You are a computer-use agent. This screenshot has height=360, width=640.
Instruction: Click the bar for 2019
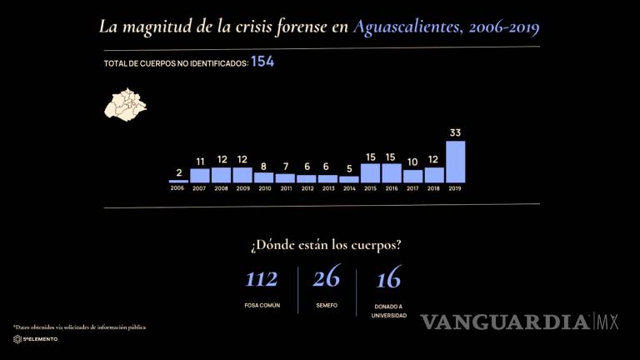tap(455, 162)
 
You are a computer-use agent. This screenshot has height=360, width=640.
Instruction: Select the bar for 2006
tap(177, 181)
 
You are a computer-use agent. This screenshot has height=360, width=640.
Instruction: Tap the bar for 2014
tap(348, 179)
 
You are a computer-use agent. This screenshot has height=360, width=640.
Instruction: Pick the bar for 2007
tap(199, 175)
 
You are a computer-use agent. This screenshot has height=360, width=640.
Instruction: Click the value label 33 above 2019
tap(455, 132)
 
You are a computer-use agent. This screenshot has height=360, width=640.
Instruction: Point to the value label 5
tap(348, 168)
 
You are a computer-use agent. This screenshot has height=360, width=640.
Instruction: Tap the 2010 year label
tap(263, 189)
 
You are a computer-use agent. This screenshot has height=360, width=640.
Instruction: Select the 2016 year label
tap(391, 189)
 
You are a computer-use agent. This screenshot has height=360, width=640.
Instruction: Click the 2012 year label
tap(306, 189)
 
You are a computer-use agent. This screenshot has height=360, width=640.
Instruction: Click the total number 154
tap(262, 62)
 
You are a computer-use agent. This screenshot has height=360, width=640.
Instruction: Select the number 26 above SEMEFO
tap(326, 279)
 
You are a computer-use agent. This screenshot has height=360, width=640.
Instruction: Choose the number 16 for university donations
tap(388, 279)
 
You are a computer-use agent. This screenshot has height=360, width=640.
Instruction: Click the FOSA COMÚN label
tap(261, 306)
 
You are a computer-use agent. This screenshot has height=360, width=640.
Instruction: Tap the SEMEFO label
tap(326, 306)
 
